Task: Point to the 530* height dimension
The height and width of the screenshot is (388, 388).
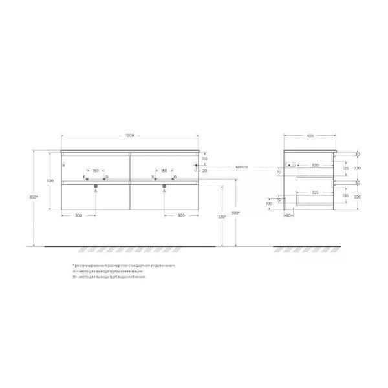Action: (x=221, y=217)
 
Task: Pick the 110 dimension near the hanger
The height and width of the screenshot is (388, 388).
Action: (x=203, y=158)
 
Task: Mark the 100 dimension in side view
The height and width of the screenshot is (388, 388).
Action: (x=269, y=204)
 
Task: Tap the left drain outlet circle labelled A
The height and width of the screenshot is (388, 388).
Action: (x=96, y=186)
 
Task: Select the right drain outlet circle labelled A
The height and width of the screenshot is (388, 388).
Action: (x=164, y=186)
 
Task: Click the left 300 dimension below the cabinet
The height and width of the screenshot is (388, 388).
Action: (x=78, y=215)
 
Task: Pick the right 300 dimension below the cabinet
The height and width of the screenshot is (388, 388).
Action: (x=181, y=215)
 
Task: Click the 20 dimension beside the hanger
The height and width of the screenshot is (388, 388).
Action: (x=204, y=171)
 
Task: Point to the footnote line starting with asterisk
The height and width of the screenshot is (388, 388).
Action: (x=123, y=266)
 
